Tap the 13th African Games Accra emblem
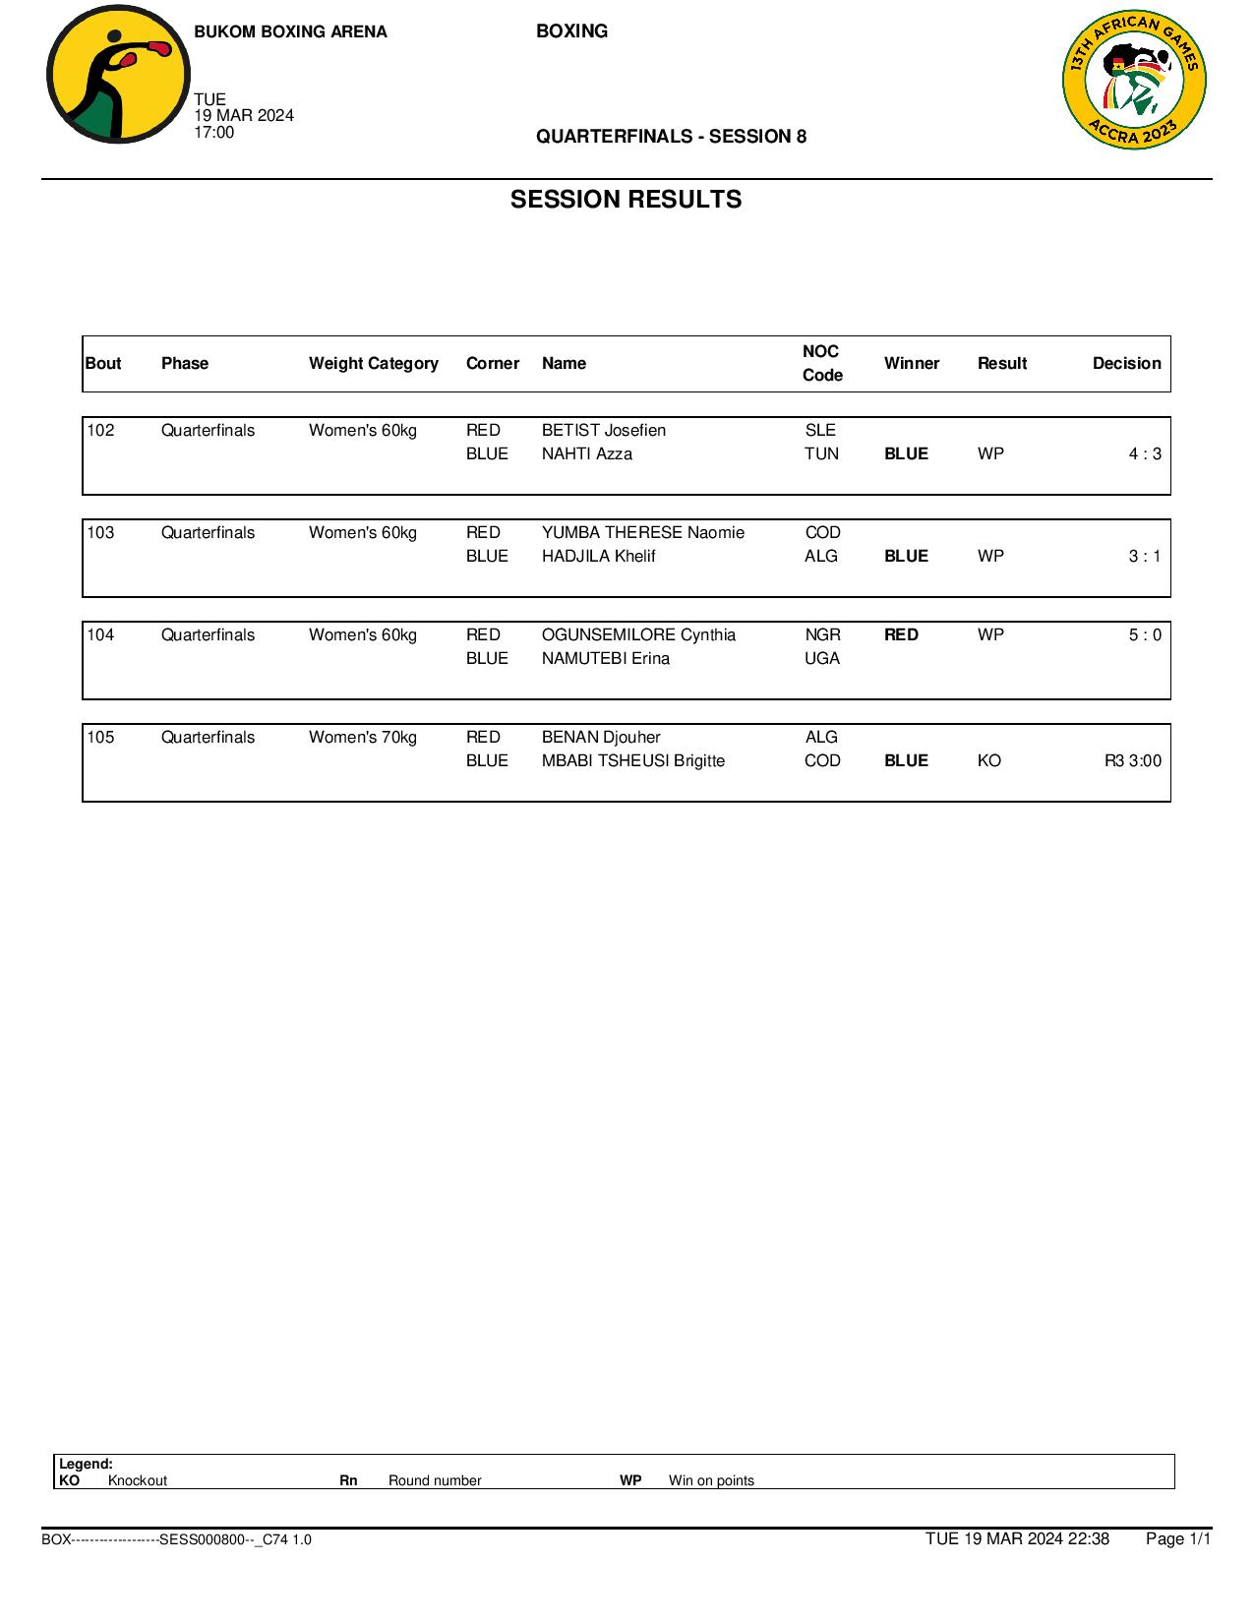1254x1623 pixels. point(1134,80)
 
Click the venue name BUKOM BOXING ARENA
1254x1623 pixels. point(290,31)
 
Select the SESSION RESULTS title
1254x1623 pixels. point(626,200)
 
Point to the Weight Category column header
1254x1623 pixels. point(373,363)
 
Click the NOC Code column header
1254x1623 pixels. point(821,363)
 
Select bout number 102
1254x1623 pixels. point(100,430)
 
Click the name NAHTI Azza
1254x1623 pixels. point(586,453)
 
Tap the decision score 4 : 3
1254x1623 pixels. point(1144,453)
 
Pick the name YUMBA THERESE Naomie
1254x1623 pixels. point(642,532)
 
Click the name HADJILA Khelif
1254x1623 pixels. point(598,556)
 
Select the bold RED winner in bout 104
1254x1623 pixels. point(901,634)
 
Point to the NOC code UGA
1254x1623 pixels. point(822,658)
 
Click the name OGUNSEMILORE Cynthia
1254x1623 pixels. point(638,634)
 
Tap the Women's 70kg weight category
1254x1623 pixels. point(362,737)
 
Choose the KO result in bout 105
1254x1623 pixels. point(988,760)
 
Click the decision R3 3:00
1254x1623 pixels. point(1132,760)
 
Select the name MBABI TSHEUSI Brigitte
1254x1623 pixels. point(632,760)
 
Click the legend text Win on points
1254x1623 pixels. point(711,1480)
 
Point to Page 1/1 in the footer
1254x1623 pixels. point(1177,1538)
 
